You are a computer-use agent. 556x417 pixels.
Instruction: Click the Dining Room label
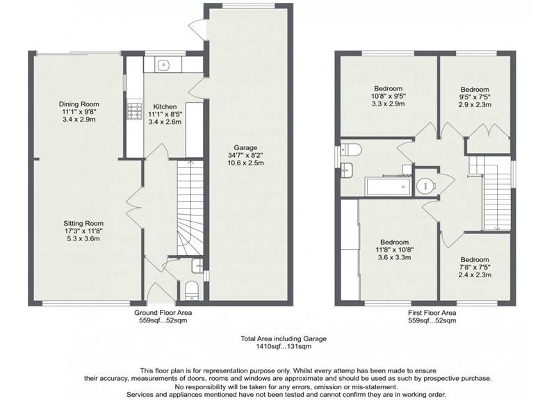click(x=79, y=104)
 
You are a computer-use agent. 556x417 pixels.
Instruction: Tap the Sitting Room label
click(x=83, y=223)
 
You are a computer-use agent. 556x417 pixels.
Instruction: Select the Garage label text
click(x=245, y=147)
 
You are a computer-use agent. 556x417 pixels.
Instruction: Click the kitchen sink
click(x=163, y=65)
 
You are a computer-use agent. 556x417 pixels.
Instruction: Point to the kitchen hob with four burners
click(x=135, y=111)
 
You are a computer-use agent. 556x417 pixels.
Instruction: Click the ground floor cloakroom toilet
click(x=193, y=291)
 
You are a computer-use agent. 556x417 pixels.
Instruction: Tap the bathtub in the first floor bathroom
click(x=389, y=186)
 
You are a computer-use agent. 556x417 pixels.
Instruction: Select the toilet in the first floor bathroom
click(x=351, y=149)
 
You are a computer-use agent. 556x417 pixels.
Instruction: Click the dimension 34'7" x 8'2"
click(x=245, y=155)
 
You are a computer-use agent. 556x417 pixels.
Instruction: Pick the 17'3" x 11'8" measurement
click(x=83, y=231)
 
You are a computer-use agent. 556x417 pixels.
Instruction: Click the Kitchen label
click(x=165, y=107)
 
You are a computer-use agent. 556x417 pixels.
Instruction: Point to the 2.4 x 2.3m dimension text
click(x=475, y=275)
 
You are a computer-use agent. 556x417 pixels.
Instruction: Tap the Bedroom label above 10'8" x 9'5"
click(x=389, y=88)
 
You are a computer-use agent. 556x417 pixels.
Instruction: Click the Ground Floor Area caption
click(x=163, y=313)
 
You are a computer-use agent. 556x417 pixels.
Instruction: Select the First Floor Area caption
click(x=432, y=313)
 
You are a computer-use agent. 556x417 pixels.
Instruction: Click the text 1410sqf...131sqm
click(x=284, y=346)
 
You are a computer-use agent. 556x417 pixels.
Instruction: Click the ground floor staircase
click(x=190, y=208)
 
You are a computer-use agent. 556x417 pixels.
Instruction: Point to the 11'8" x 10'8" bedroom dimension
click(x=394, y=250)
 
